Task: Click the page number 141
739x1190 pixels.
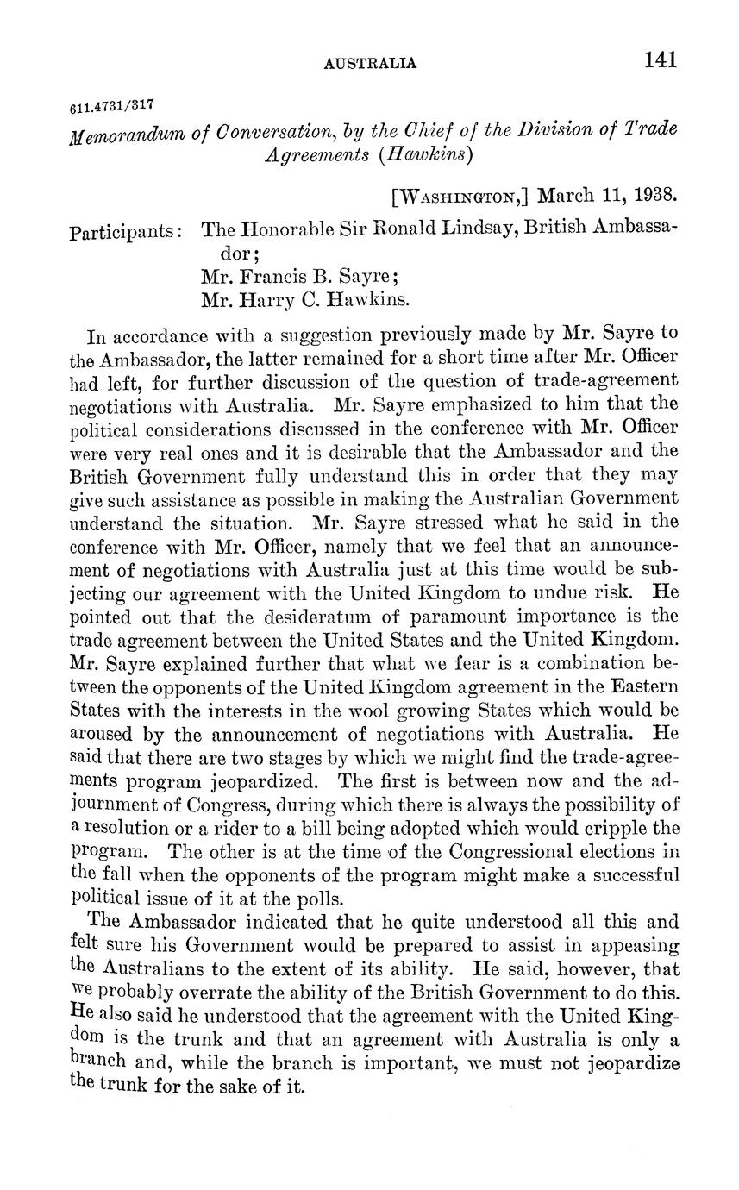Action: tap(660, 60)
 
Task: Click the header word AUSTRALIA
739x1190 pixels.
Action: tap(370, 63)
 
